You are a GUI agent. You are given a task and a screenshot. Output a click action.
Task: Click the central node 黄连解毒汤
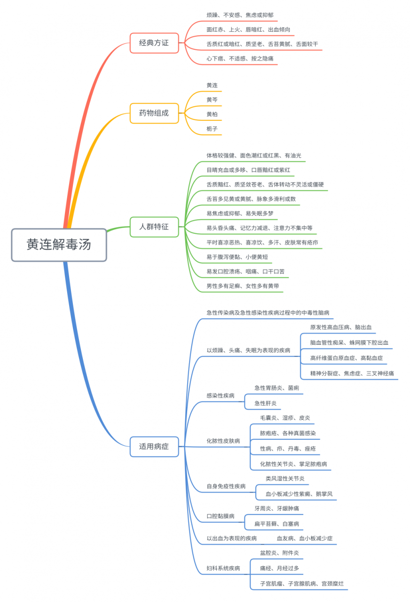pyautogui.click(x=59, y=245)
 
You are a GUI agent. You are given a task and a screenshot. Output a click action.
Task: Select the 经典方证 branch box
pyautogui.click(x=154, y=43)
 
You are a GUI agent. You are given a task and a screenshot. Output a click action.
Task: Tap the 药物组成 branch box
pyautogui.click(x=154, y=113)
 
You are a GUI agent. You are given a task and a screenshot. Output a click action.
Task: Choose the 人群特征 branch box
pyautogui.click(x=154, y=227)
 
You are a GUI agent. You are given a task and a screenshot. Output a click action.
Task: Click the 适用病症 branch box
pyautogui.click(x=154, y=446)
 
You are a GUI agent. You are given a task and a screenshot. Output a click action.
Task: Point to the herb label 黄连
pyautogui.click(x=212, y=85)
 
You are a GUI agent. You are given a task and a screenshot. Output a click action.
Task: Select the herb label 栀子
pyautogui.click(x=212, y=128)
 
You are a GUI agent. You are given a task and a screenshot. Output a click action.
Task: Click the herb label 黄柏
pyautogui.click(x=212, y=114)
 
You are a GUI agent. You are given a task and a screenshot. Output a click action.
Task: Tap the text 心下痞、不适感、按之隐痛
pyautogui.click(x=240, y=59)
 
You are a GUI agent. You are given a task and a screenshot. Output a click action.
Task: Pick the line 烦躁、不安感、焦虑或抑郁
pyautogui.click(x=240, y=15)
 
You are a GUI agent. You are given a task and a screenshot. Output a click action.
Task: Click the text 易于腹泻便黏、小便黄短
pyautogui.click(x=237, y=257)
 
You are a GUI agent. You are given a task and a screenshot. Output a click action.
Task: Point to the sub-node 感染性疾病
pyautogui.click(x=221, y=396)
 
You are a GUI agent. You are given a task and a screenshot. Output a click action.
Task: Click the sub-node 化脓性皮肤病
pyautogui.click(x=223, y=441)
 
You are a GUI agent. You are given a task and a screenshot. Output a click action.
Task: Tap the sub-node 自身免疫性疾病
pyautogui.click(x=226, y=486)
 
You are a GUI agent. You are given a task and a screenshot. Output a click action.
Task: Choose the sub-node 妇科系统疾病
pyautogui.click(x=223, y=569)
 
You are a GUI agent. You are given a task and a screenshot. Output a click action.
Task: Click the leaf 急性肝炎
pyautogui.click(x=266, y=403)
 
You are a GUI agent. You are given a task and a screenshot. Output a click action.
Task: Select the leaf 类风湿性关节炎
pyautogui.click(x=285, y=479)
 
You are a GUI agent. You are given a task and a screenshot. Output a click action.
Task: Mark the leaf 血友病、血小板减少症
pyautogui.click(x=305, y=539)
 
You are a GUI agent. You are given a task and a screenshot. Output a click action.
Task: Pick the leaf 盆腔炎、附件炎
pyautogui.click(x=279, y=553)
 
